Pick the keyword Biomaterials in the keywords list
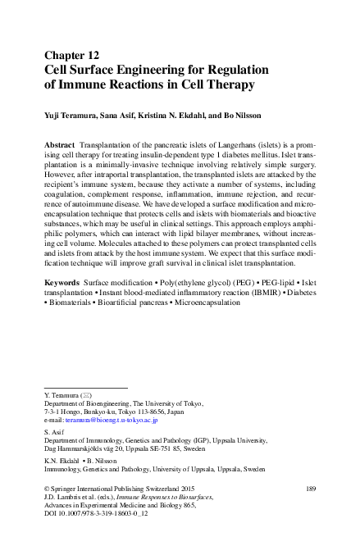[71, 303]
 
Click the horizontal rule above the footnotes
[85, 387]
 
